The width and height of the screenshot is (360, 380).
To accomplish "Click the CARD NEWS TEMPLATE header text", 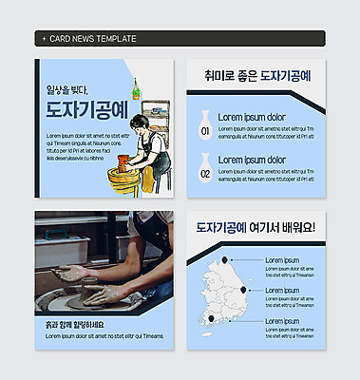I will point(91,39).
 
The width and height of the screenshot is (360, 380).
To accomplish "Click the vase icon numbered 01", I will point(205,129).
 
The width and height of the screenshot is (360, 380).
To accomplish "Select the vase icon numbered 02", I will point(205,171).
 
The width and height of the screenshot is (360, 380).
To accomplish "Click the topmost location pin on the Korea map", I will point(225,259).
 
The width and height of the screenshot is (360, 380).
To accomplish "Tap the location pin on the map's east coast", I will point(245,291).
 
